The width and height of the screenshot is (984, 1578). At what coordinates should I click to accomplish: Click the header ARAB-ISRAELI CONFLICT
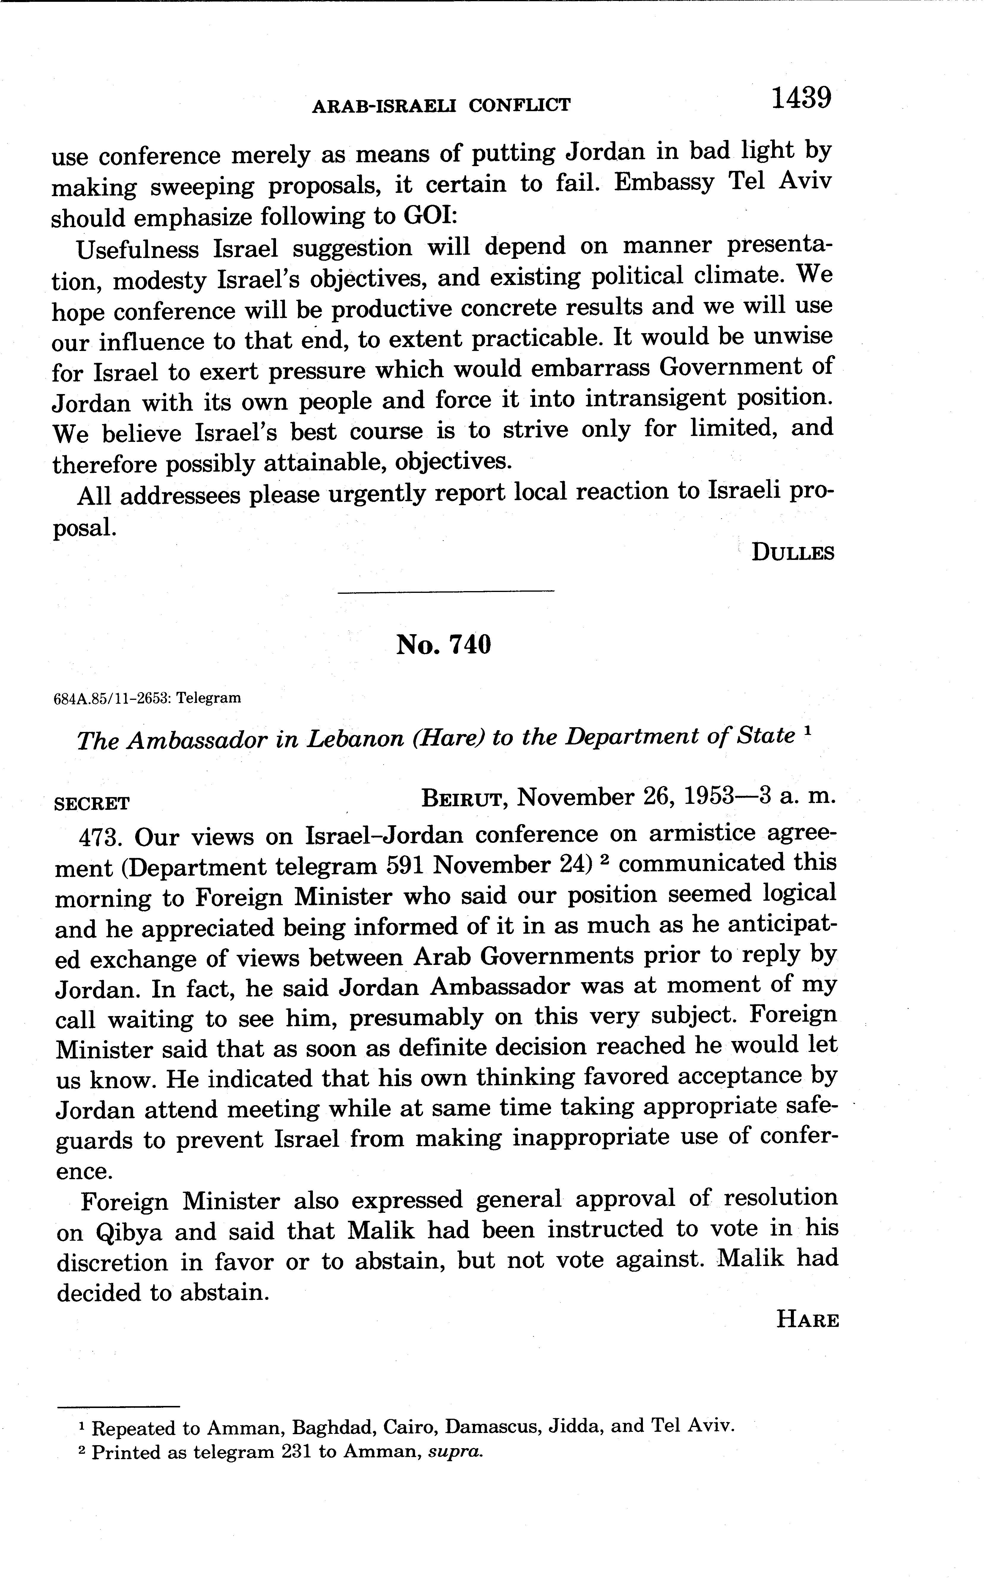[441, 105]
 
